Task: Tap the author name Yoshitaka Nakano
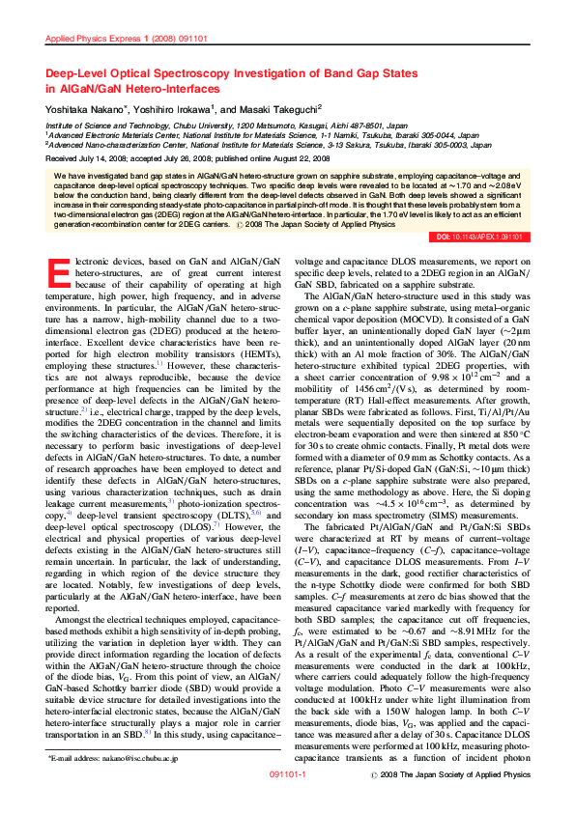pos(87,111)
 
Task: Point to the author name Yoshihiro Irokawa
pos(176,111)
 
